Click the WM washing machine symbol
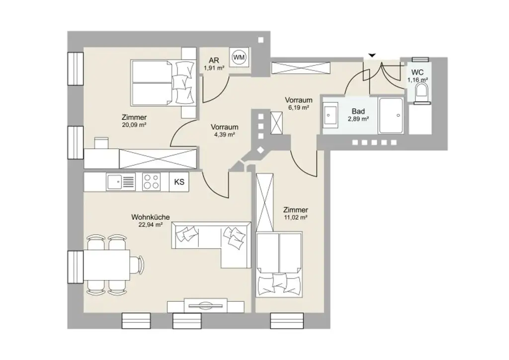239,57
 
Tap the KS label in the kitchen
179,182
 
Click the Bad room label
358,111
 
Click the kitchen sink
120,182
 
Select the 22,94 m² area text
151,225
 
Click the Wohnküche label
151,217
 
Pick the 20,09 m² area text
134,125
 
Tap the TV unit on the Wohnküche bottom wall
205,305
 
